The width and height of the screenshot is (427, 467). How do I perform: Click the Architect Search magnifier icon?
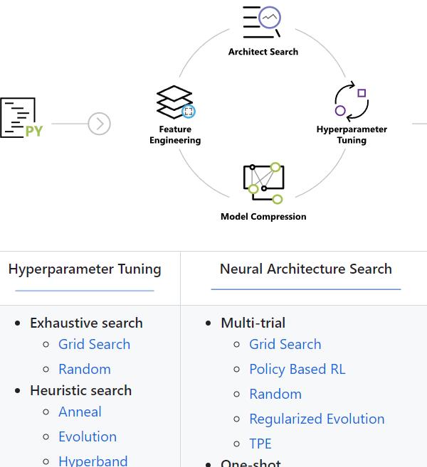(263, 21)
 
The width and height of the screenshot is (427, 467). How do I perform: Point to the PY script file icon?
(21, 118)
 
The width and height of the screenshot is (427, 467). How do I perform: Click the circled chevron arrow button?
(100, 124)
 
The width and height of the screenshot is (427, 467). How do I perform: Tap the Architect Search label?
(263, 52)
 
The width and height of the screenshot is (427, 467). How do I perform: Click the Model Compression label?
(263, 217)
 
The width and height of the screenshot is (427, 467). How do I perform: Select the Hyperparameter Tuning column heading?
(85, 269)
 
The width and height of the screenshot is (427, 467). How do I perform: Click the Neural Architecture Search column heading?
(306, 269)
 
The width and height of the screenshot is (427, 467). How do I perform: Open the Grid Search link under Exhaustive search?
(94, 344)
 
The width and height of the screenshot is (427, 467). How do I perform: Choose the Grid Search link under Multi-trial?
(285, 344)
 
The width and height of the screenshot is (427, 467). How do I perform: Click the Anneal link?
(80, 412)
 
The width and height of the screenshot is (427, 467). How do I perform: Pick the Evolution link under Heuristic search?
(87, 436)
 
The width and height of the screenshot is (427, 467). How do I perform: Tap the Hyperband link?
(93, 460)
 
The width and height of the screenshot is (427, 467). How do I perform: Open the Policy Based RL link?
(297, 369)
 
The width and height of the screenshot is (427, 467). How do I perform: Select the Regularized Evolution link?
(317, 419)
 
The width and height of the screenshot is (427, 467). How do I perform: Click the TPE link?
(260, 444)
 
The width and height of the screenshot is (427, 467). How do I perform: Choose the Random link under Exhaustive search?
(84, 369)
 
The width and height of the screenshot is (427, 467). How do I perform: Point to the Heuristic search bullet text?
(80, 390)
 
